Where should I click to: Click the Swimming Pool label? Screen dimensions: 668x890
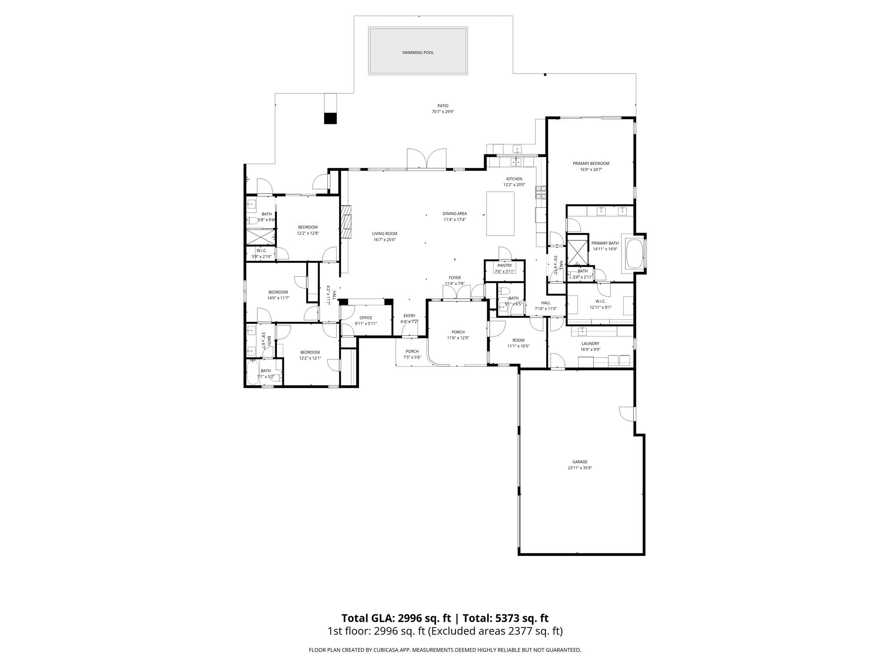[x=418, y=53]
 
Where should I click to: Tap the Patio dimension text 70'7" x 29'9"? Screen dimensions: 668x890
[x=442, y=112]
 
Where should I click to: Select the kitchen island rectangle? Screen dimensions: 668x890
[x=500, y=214]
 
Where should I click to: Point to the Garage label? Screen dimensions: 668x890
[x=580, y=462]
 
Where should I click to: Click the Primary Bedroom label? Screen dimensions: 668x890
[x=591, y=164]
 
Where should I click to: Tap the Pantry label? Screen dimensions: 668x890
[x=505, y=265]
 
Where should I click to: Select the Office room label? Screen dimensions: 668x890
[x=366, y=318]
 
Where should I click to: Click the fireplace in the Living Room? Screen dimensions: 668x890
[x=347, y=222]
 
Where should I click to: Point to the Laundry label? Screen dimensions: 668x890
[x=590, y=344]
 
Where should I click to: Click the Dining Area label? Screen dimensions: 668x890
[x=455, y=214]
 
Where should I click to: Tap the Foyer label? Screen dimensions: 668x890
[x=455, y=278]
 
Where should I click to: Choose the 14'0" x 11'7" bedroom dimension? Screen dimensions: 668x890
[x=278, y=298]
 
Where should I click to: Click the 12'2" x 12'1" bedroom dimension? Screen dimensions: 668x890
[x=310, y=358]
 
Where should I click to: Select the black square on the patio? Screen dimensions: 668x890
[x=330, y=118]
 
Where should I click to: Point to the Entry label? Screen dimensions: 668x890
[x=409, y=316]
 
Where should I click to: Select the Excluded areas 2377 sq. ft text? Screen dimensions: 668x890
[x=495, y=631]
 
